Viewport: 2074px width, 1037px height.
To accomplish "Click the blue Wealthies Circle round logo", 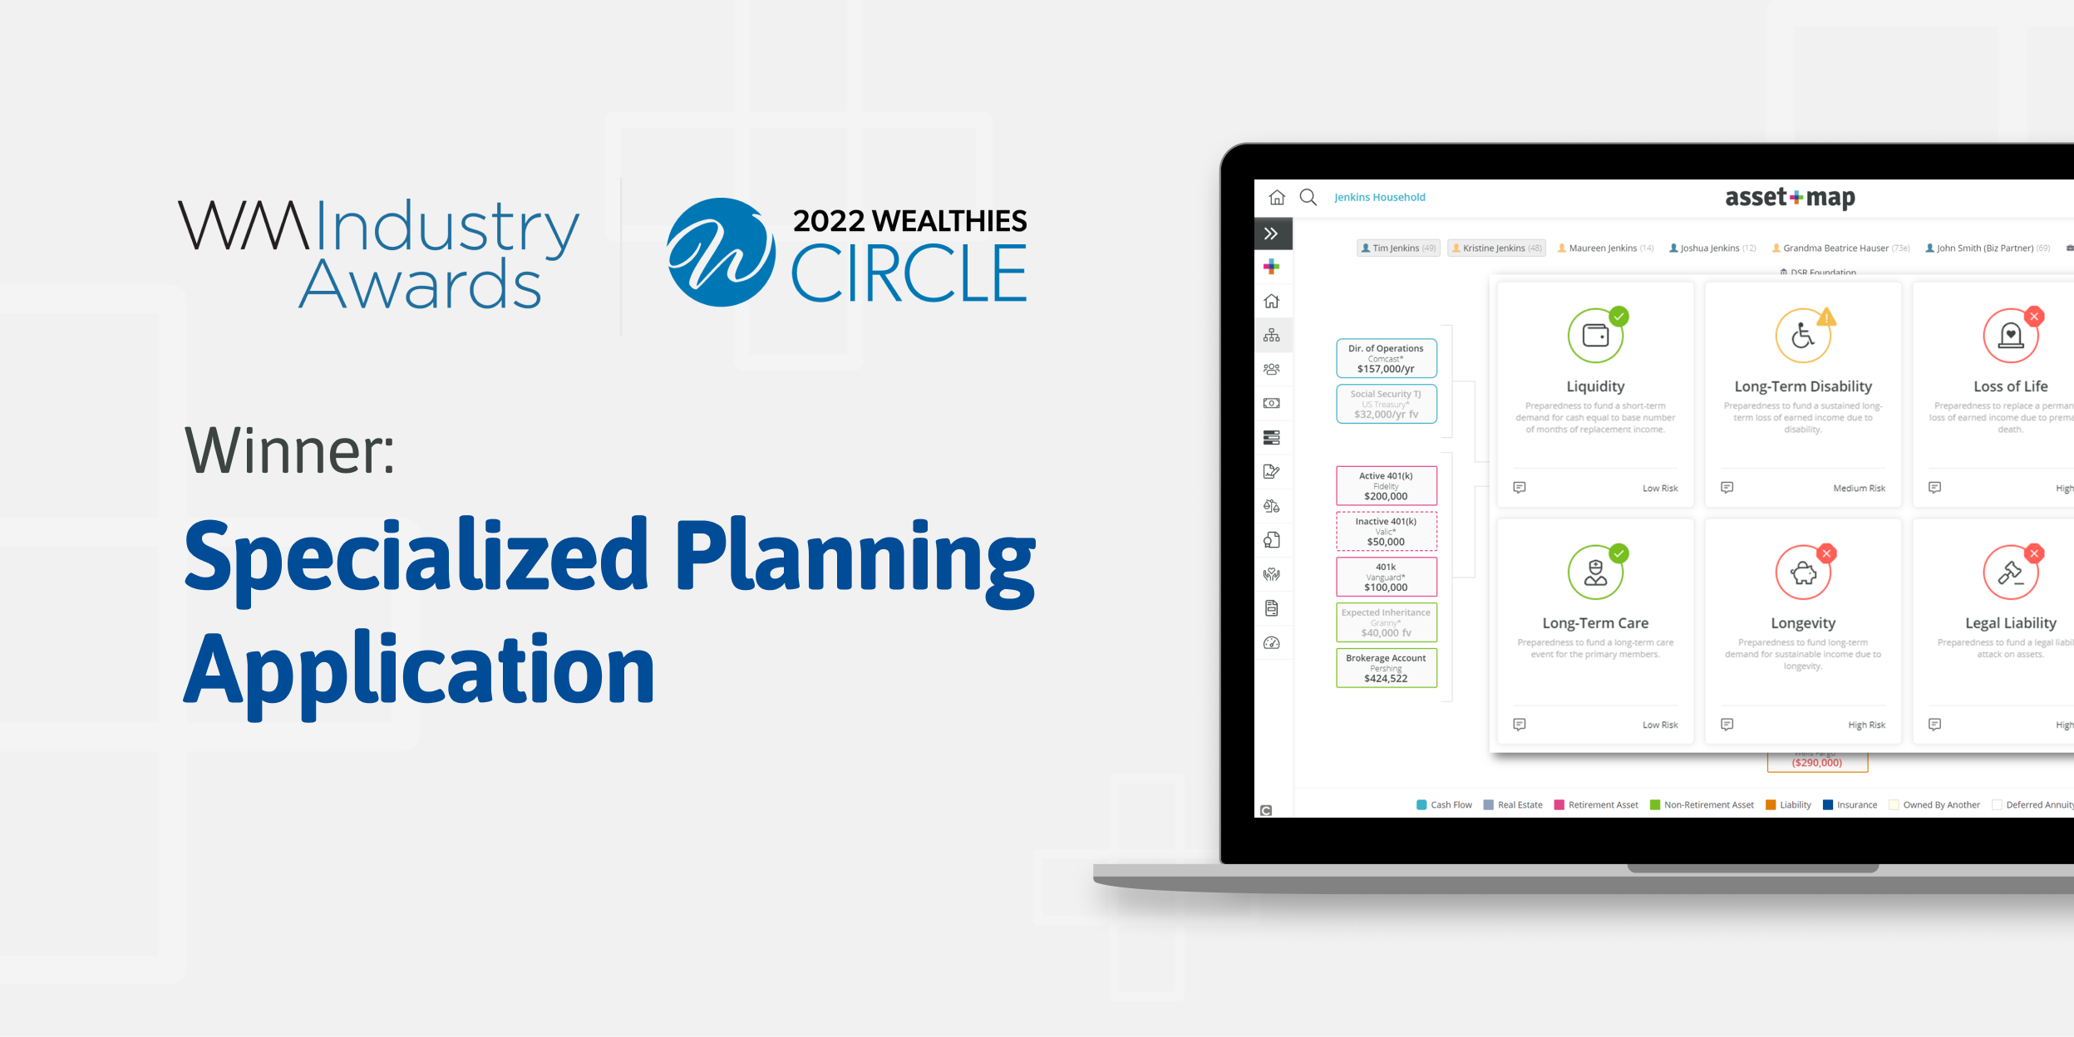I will (721, 252).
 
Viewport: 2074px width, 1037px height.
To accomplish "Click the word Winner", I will (289, 451).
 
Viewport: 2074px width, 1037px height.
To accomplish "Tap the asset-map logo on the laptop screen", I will (1790, 198).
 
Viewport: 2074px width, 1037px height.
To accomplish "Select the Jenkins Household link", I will (1379, 198).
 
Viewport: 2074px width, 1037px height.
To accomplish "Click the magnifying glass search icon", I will (1308, 198).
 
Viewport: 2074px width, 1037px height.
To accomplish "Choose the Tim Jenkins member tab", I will (1397, 248).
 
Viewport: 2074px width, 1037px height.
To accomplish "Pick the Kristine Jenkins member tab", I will (1495, 248).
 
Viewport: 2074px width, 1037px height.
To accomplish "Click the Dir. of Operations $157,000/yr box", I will (1386, 358).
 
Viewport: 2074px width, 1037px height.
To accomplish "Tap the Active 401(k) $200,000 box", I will (1386, 486).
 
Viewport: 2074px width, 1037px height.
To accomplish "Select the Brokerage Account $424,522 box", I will (1386, 668).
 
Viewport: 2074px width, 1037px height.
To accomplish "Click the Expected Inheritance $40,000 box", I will (1386, 622).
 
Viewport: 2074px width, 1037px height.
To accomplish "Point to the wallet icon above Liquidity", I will (1595, 336).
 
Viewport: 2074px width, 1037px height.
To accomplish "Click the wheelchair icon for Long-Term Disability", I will (1802, 336).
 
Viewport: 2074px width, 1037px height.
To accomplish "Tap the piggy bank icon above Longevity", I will (1802, 573).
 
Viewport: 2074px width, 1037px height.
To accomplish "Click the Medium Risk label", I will (1859, 489).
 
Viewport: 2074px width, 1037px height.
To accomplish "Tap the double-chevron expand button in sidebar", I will (1271, 234).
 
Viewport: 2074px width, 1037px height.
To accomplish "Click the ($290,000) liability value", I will (1817, 763).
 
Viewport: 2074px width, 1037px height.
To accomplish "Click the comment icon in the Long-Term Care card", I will (1520, 725).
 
